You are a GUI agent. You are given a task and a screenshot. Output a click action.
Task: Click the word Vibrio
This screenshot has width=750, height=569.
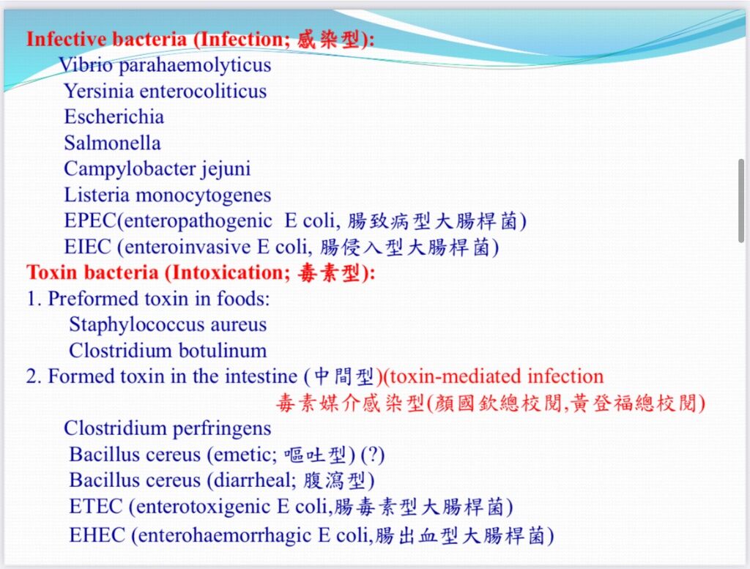(86, 64)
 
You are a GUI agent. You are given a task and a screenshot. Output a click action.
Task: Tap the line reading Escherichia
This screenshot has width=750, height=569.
(114, 116)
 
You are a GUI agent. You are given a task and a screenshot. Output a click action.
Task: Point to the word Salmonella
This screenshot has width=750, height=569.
(112, 143)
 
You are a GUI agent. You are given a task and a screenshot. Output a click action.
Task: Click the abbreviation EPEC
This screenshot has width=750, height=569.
(90, 220)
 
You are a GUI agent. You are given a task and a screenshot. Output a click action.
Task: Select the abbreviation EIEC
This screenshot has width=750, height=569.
(88, 247)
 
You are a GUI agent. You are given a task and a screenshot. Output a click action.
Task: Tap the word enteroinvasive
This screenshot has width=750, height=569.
(187, 248)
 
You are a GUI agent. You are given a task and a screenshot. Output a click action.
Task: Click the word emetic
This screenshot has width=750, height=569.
(245, 455)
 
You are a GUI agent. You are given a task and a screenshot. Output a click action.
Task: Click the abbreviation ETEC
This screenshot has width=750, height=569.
(96, 507)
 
